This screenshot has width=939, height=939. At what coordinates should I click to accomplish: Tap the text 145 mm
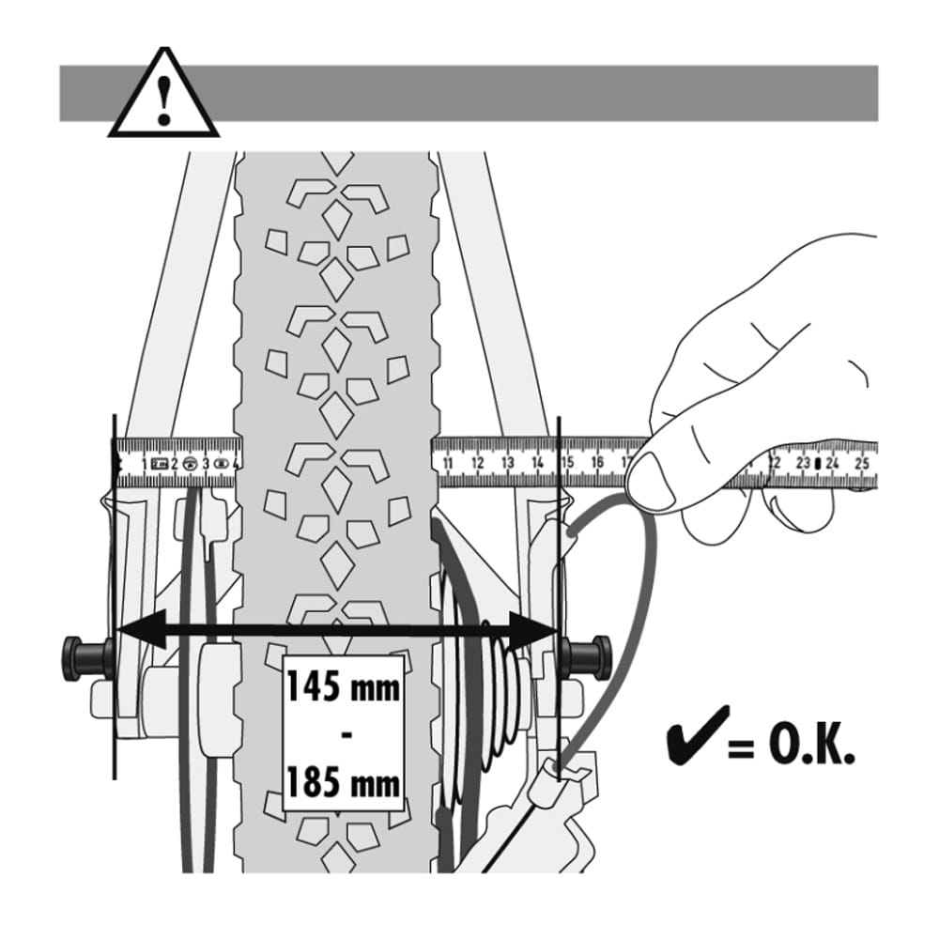[x=344, y=687]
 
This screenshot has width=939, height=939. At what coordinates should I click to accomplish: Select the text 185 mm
[x=344, y=781]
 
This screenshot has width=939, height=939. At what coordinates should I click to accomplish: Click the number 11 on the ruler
[x=448, y=462]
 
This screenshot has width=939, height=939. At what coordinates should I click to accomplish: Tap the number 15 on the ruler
[x=567, y=462]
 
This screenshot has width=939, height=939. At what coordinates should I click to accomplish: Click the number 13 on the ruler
[x=508, y=462]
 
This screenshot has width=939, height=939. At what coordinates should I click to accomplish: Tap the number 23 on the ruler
[x=803, y=462]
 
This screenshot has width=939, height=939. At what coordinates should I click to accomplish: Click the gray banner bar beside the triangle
[x=545, y=93]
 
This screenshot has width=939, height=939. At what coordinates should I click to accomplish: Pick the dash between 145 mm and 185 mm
[x=345, y=734]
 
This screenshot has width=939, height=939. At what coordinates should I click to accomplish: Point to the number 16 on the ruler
[x=597, y=462]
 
